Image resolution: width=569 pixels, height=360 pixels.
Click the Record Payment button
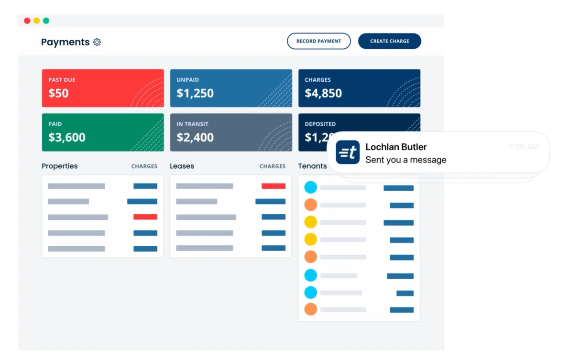point(318,41)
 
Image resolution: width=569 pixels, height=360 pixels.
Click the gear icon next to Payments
point(97,42)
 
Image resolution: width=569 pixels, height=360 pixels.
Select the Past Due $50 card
point(103,88)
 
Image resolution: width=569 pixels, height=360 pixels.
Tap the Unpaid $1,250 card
point(231,88)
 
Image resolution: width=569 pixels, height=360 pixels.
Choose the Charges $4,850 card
point(359,88)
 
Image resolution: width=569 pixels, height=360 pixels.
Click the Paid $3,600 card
point(103,132)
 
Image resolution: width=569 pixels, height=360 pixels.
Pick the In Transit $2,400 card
point(231,132)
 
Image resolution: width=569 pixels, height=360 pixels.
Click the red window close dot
point(27,21)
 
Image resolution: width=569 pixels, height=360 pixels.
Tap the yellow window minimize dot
point(37,21)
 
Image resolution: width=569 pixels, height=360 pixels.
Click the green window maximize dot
point(46,21)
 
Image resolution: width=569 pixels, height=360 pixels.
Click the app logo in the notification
point(348,153)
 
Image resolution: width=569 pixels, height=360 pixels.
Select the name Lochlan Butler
point(396,147)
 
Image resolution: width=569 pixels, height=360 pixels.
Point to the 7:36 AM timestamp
point(523,147)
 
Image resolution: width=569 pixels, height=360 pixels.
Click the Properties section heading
point(59,166)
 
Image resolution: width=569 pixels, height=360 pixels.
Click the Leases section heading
point(182,166)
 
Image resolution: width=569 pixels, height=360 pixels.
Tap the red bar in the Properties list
point(145,217)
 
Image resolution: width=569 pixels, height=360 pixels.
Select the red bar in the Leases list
point(274,186)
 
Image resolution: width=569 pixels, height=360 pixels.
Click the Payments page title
point(65,42)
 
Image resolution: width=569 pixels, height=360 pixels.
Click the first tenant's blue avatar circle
point(311,187)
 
